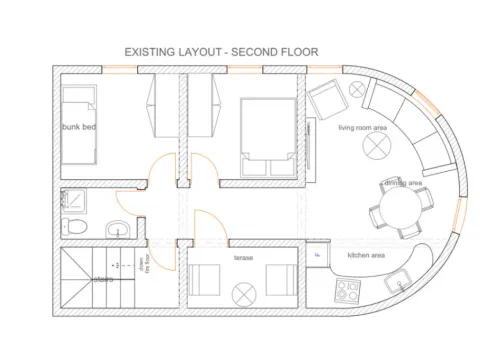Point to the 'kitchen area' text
366,256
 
